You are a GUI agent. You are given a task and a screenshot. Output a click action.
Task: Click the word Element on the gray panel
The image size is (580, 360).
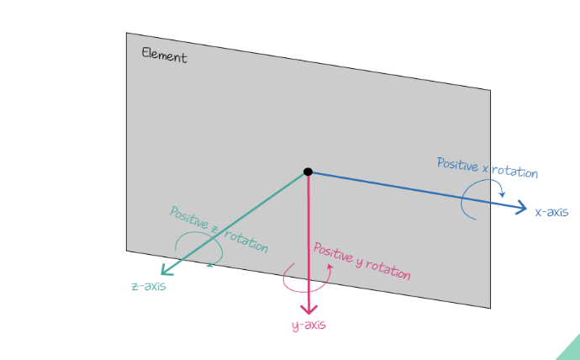164,57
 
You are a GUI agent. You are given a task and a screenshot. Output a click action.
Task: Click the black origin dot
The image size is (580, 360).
308,172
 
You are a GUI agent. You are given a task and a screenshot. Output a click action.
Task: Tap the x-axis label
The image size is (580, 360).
552,212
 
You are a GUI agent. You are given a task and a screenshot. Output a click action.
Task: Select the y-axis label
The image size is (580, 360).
308,325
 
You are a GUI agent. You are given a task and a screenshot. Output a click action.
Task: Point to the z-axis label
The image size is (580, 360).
149,286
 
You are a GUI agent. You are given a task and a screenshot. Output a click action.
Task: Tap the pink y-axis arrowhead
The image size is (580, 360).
309,308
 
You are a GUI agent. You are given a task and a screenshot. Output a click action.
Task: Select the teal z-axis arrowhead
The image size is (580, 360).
166,271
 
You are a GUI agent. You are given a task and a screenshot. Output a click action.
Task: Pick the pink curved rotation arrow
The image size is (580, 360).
303,278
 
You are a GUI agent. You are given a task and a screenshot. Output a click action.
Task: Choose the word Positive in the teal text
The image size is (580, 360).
191,219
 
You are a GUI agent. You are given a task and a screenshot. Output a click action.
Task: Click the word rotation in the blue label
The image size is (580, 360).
514,171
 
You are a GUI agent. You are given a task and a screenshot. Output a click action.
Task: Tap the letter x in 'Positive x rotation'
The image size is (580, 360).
485,167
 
